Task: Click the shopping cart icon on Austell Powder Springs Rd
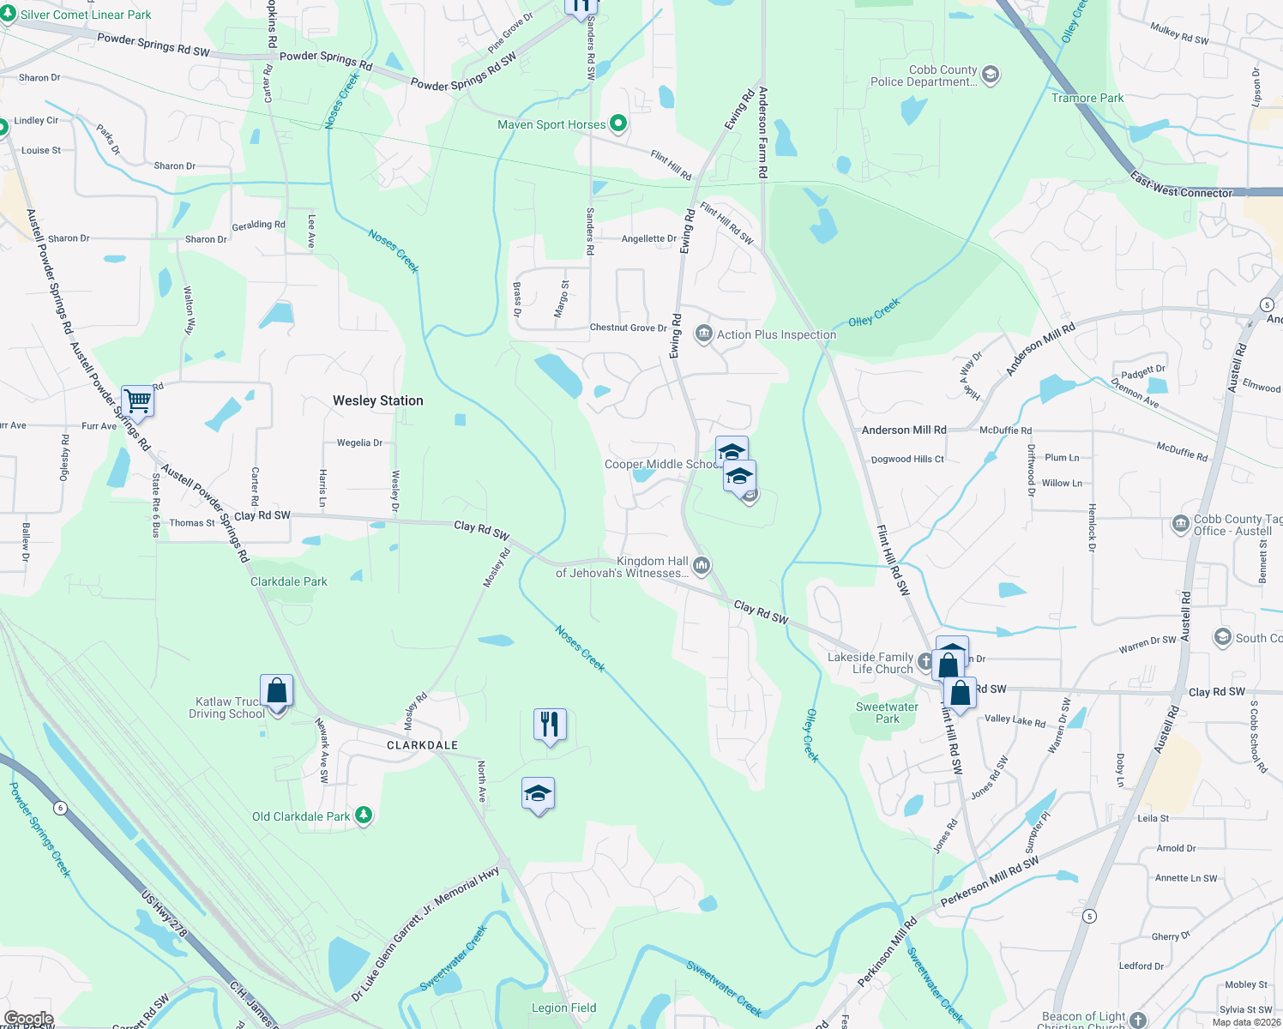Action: (137, 400)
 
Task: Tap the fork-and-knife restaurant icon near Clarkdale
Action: (550, 725)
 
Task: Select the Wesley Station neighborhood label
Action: (377, 400)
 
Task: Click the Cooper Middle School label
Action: (660, 464)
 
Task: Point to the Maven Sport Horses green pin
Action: (617, 123)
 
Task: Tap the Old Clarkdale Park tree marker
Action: (364, 815)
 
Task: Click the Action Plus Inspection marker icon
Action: (703, 334)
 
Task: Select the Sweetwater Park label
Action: (887, 713)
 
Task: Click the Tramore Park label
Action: (1087, 98)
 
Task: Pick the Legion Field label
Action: (563, 1008)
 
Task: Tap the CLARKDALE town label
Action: (422, 745)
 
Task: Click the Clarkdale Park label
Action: (289, 581)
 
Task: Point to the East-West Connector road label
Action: (1181, 187)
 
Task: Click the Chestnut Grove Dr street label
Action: (628, 328)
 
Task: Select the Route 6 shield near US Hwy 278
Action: (60, 808)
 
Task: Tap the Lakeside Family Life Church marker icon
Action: (925, 661)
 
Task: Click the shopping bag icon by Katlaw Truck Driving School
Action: (276, 690)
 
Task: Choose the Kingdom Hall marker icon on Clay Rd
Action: (702, 564)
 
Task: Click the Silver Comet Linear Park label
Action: (85, 15)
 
